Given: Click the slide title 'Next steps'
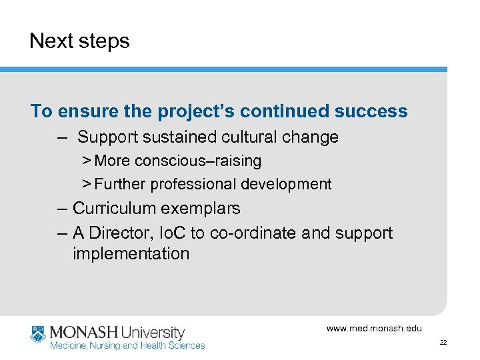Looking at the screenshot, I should click(79, 41).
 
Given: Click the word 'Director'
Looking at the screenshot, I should click(119, 233).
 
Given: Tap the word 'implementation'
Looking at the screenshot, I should click(131, 254).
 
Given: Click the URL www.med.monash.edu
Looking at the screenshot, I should click(374, 328).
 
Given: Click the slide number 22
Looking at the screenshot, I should click(443, 343).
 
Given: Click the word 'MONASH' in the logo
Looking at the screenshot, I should click(83, 332).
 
